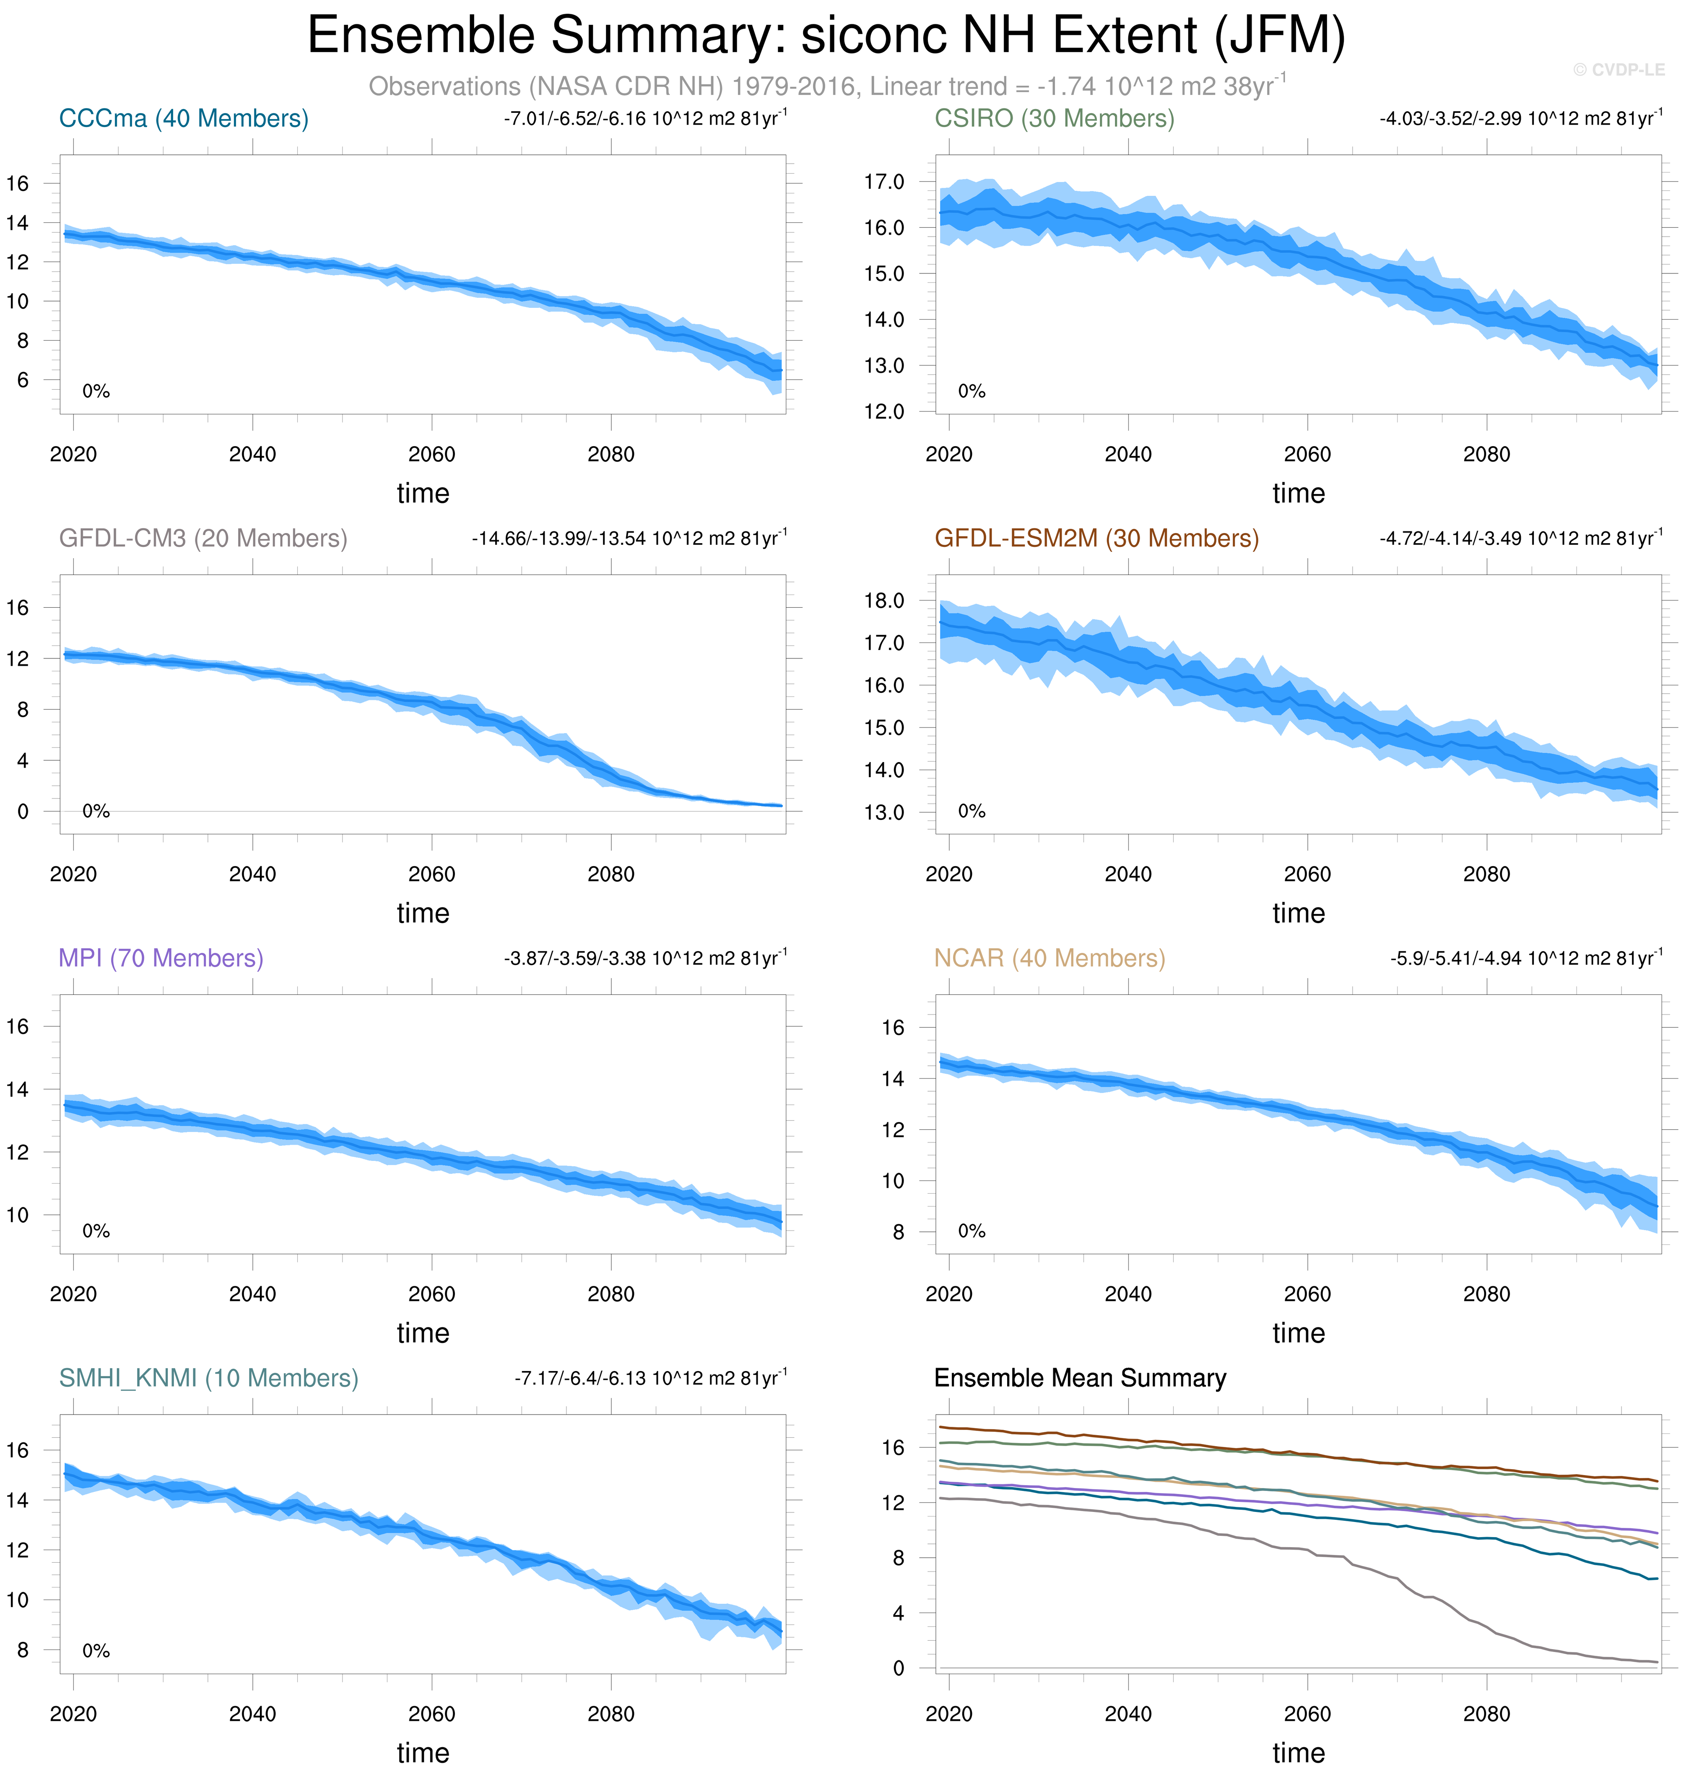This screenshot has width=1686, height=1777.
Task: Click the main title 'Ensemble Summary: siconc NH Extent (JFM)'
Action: pos(826,36)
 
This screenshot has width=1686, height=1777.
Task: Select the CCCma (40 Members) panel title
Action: pos(183,119)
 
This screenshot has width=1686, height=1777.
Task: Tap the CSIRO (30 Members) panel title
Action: pos(1054,119)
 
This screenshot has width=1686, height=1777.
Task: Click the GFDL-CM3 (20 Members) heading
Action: pos(203,539)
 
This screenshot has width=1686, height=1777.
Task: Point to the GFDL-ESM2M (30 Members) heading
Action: pos(1096,539)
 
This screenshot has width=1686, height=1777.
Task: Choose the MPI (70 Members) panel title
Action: pos(161,958)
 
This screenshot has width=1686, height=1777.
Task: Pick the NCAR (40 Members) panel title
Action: pos(1049,958)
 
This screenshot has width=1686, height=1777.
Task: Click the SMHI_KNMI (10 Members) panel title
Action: pos(208,1378)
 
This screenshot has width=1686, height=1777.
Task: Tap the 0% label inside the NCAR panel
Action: pos(972,1231)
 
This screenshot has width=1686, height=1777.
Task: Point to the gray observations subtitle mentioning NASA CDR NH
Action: pos(827,86)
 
